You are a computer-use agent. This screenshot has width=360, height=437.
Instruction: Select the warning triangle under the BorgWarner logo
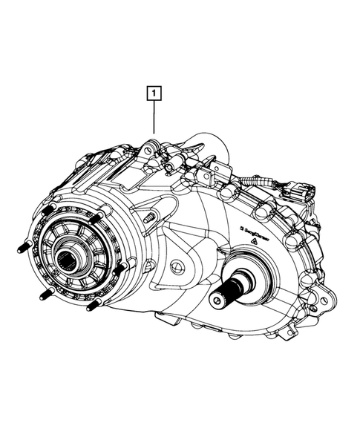coord(253,242)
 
